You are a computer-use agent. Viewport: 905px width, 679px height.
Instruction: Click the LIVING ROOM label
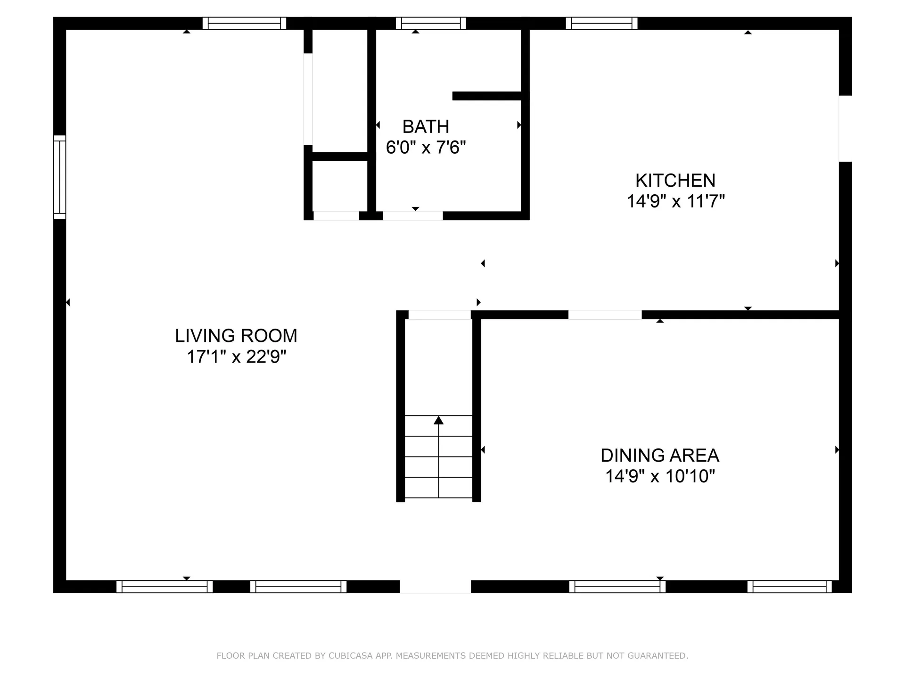point(236,336)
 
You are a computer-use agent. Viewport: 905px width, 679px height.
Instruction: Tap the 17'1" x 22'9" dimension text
point(236,357)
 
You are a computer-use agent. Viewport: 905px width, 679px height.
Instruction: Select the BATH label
point(425,127)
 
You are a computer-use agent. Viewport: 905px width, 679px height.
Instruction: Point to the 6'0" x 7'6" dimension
point(425,148)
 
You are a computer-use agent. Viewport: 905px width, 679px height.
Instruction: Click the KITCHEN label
point(675,181)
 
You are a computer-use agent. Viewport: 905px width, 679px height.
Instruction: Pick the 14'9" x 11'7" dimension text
point(675,201)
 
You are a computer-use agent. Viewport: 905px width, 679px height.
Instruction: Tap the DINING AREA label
point(659,455)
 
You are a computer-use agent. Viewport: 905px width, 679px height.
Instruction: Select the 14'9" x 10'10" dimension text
point(659,476)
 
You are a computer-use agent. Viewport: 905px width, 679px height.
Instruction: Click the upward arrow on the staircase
point(438,421)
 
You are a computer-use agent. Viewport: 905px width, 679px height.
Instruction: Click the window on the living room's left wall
point(60,177)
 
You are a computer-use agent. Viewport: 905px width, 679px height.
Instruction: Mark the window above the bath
point(430,23)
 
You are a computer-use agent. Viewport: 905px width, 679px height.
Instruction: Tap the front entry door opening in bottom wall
point(435,587)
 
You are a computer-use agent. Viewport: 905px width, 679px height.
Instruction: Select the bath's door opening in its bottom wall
point(412,216)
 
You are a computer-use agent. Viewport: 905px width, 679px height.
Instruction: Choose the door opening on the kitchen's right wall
point(845,128)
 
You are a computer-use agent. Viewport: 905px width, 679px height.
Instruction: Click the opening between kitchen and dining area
point(604,315)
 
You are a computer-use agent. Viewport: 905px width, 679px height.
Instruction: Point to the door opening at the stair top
point(439,315)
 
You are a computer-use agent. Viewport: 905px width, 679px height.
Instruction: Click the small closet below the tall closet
point(340,186)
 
